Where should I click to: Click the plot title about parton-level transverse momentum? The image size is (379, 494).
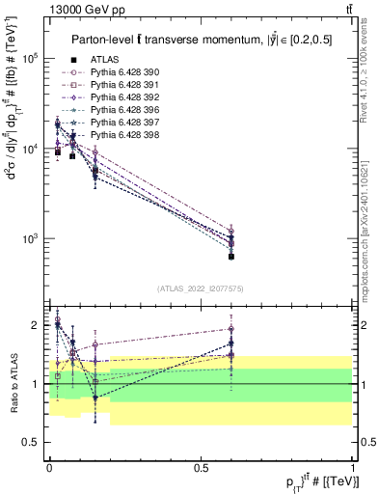point(200,40)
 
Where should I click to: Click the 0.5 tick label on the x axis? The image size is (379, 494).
point(201,466)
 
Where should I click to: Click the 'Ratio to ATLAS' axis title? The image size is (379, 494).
point(12,384)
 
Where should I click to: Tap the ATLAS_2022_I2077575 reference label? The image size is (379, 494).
point(199,288)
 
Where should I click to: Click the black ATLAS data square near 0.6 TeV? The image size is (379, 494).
point(231,257)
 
